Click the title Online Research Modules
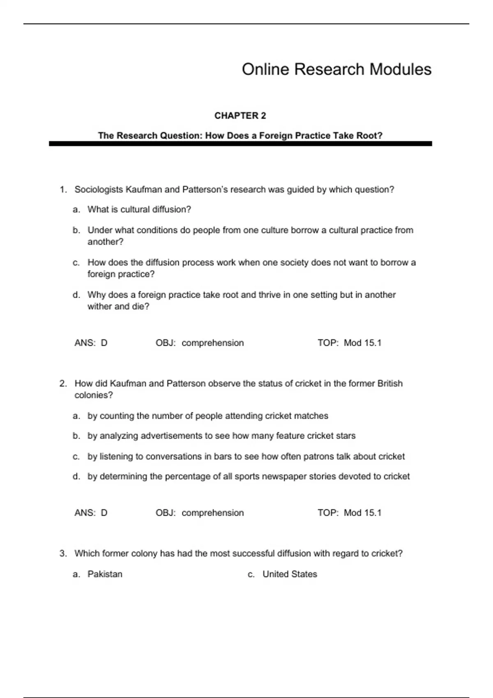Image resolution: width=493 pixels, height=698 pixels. [x=336, y=69]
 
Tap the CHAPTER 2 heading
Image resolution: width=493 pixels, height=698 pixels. [x=240, y=116]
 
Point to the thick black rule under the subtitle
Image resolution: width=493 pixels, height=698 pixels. [x=240, y=144]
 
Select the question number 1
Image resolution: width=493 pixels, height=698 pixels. [x=63, y=190]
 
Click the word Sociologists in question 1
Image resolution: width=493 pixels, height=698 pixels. [x=99, y=190]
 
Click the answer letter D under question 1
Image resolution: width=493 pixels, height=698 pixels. [x=104, y=343]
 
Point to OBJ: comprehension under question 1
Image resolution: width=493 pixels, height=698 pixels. [x=200, y=343]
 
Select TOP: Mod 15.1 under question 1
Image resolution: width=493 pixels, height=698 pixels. [x=349, y=343]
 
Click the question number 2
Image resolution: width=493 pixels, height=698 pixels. [x=63, y=383]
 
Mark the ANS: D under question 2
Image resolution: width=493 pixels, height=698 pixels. [x=91, y=513]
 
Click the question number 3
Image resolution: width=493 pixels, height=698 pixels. [x=63, y=553]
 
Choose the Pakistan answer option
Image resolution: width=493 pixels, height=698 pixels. [x=105, y=574]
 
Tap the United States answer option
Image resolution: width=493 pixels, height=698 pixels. [x=290, y=574]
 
